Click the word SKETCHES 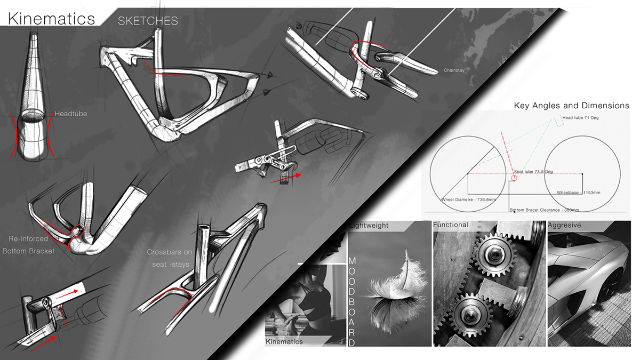coord(148,21)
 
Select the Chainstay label coord(455,70)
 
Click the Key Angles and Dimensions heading coord(571,106)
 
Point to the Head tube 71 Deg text coord(582,117)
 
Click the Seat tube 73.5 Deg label coord(533,172)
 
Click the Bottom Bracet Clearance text coord(544,210)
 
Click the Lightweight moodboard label coord(369,226)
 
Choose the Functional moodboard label coord(451,225)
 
